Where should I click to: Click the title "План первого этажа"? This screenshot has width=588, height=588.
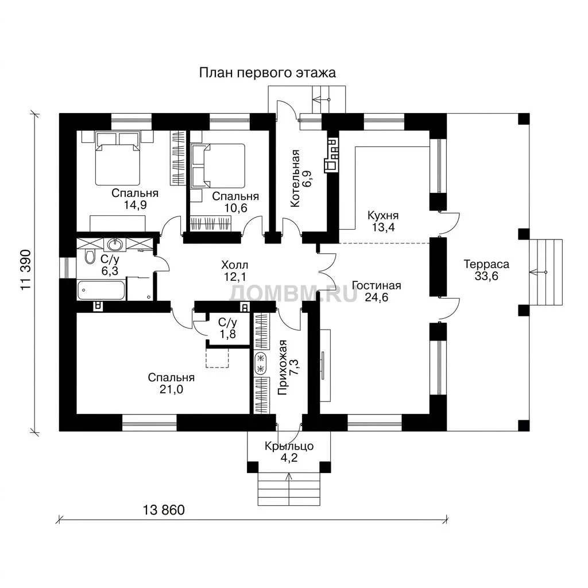pos(267,73)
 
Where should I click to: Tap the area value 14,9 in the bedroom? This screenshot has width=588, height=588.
pos(135,205)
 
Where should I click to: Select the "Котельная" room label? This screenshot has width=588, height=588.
pos(296,178)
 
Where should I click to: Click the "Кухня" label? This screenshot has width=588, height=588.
pos(383,216)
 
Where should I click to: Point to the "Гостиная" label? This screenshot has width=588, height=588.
pos(377,286)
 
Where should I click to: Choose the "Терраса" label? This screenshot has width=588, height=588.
pos(486,264)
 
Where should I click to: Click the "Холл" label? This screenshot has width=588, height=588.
pos(235,265)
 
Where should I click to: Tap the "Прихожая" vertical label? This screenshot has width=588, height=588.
pos(283,368)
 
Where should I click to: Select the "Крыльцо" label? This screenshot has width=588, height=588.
pos(289,447)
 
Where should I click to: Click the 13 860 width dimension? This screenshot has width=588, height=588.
pos(164,510)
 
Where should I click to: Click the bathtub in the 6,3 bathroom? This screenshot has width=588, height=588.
pos(101,290)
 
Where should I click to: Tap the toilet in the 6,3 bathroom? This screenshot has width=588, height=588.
pos(90,257)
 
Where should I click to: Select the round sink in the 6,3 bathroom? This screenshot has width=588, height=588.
pos(115,245)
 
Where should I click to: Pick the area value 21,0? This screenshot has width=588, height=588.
pos(171,390)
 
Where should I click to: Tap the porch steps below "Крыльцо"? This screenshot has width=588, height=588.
pos(289,489)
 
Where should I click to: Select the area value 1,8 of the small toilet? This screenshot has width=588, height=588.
pos(227,334)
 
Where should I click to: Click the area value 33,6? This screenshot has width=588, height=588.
pos(486,276)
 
